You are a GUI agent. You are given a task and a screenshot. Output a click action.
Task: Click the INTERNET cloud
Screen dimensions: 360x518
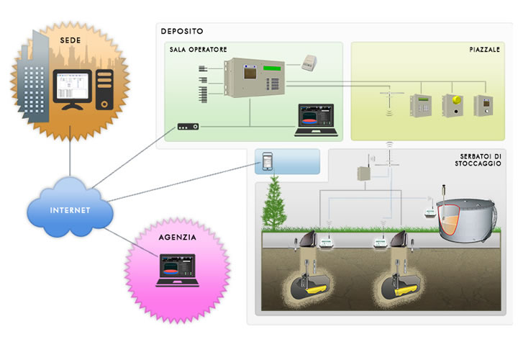point(71,210)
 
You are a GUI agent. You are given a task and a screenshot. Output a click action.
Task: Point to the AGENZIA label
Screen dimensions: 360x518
point(177,236)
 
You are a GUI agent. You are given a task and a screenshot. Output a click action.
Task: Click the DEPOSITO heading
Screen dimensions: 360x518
point(183,31)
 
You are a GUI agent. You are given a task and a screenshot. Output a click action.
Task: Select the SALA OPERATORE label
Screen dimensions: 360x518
point(199,50)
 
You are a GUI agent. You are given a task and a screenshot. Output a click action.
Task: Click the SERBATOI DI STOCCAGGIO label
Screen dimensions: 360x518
point(480,160)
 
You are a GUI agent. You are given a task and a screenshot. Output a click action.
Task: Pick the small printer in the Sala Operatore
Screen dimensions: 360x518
point(309,61)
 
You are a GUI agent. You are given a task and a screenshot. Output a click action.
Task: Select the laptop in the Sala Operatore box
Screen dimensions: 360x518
point(315,120)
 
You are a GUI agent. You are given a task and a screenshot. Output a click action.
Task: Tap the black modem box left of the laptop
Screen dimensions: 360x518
point(188,127)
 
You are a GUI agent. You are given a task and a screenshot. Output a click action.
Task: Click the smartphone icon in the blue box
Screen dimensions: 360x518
point(268,161)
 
